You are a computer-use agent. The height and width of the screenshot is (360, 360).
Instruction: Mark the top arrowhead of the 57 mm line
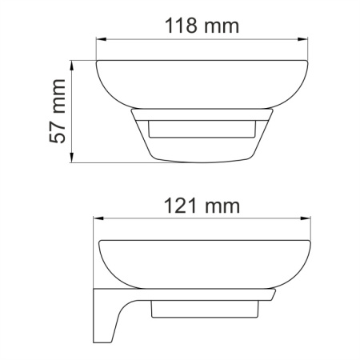coord(74,63)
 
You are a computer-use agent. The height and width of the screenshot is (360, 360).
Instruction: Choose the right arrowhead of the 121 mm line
coord(306,220)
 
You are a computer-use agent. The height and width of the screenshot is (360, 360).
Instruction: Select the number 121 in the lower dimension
coord(182,206)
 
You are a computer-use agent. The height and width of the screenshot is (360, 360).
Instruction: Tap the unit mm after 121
coord(223,206)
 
